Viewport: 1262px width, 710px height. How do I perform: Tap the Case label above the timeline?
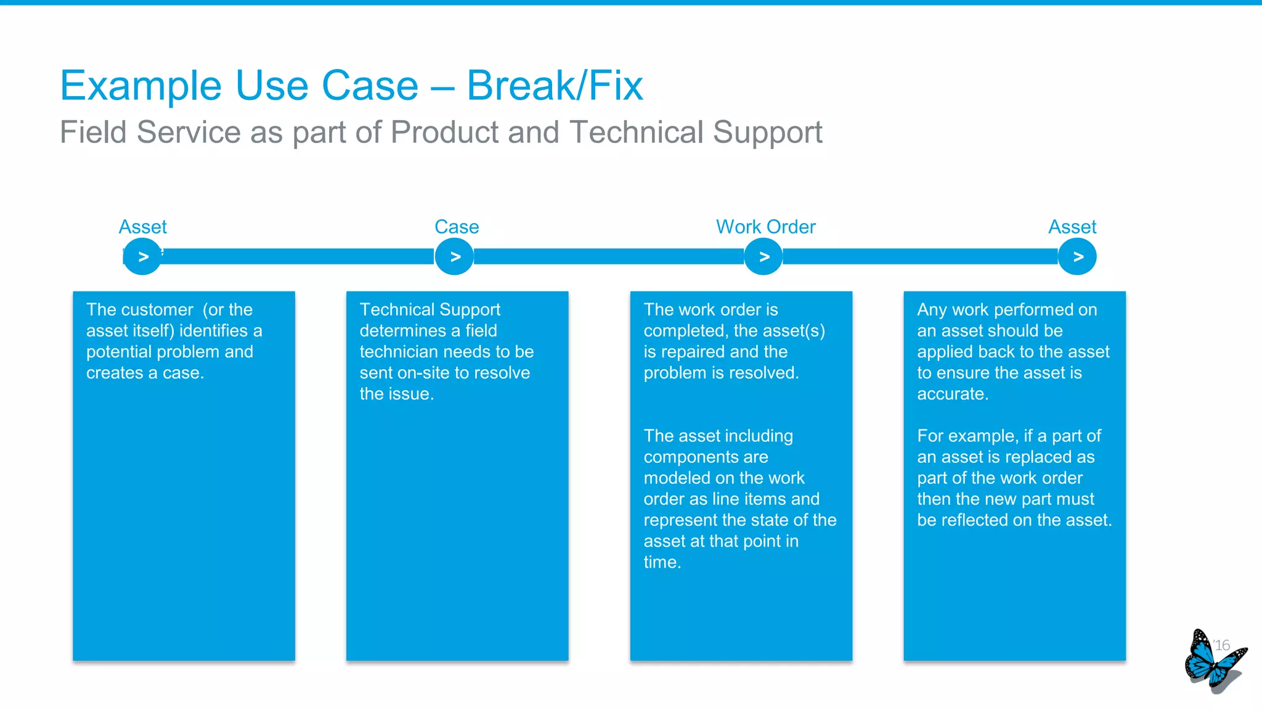[457, 227]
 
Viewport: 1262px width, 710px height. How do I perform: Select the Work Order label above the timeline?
[765, 227]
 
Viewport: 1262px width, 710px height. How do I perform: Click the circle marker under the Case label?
[455, 256]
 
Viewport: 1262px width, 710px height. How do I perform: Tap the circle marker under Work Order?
[763, 256]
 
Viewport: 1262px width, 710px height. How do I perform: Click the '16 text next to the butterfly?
[1221, 645]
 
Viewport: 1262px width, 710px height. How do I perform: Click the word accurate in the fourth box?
[952, 394]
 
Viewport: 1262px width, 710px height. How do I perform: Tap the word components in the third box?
[706, 457]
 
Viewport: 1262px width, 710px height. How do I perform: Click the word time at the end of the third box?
[661, 562]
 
